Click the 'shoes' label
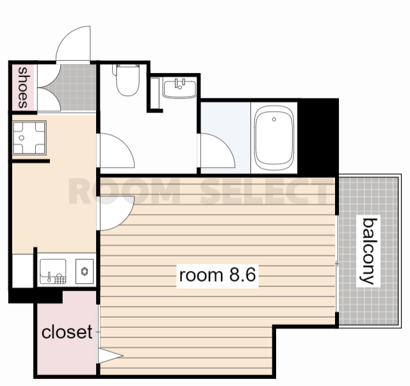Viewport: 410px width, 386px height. [x=22, y=88]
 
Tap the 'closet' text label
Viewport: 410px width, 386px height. [x=67, y=332]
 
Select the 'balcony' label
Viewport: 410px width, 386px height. [x=368, y=251]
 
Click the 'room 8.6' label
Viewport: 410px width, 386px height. [x=217, y=275]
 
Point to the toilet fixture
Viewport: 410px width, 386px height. [x=127, y=80]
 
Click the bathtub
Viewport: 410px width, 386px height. [x=274, y=138]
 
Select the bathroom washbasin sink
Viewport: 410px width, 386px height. [x=179, y=89]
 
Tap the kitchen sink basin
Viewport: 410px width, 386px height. [x=53, y=271]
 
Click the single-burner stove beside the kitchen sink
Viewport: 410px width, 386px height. [x=85, y=271]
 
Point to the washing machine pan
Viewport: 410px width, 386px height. [x=29, y=138]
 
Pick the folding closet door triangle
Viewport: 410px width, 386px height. [x=110, y=356]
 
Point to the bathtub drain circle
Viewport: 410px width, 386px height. [x=274, y=120]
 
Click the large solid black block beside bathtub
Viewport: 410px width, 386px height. [x=318, y=138]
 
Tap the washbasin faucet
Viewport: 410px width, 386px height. [x=180, y=84]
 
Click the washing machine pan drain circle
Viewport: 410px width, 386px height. [x=22, y=138]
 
